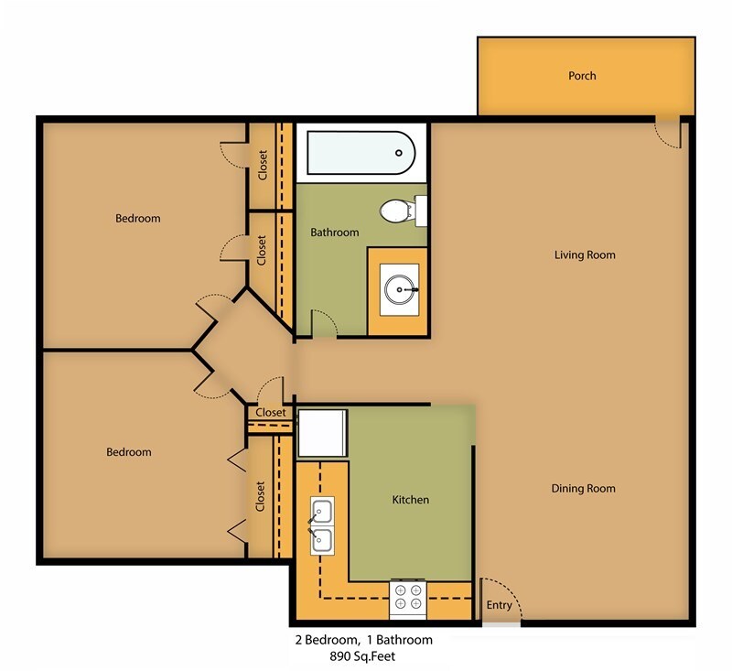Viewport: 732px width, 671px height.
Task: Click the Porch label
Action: click(x=582, y=75)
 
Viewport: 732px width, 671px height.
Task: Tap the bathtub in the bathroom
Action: click(x=360, y=153)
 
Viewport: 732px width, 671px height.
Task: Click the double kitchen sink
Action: click(x=321, y=525)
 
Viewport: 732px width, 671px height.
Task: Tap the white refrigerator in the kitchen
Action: click(x=322, y=433)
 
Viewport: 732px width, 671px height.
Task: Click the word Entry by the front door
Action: click(x=499, y=605)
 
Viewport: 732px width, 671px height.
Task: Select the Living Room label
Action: click(x=585, y=254)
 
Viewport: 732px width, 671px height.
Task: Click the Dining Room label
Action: click(x=583, y=488)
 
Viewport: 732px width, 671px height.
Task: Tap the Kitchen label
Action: click(x=410, y=500)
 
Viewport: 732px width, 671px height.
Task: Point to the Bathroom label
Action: click(x=335, y=233)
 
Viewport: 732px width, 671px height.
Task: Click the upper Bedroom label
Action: click(x=138, y=218)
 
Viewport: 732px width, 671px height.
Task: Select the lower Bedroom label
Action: click(x=129, y=452)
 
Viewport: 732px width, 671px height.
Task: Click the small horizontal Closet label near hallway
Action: click(x=270, y=413)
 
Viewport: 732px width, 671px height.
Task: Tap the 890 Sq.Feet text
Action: click(x=363, y=656)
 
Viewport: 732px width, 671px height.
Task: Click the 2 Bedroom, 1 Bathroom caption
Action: click(x=363, y=640)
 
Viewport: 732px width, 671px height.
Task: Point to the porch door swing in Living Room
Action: click(x=669, y=134)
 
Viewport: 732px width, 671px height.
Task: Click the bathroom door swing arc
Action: click(x=324, y=322)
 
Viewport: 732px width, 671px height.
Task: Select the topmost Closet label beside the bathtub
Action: click(x=263, y=165)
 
